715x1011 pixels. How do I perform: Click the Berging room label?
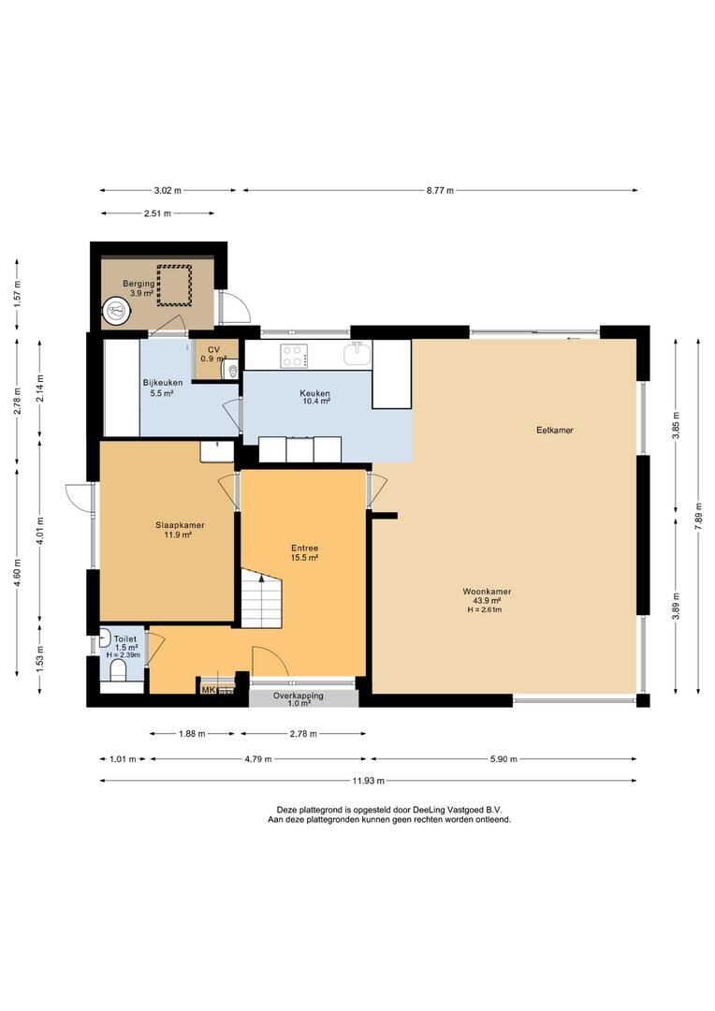pos(139,284)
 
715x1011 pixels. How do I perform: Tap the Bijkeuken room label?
pos(163,383)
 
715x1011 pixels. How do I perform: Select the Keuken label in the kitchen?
pos(314,393)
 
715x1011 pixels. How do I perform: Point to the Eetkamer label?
pos(554,430)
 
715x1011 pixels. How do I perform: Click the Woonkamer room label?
pos(487,592)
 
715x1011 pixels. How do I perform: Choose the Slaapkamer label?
pos(180,525)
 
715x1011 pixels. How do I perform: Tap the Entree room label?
pos(304,549)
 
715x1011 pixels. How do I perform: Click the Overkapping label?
pos(298,696)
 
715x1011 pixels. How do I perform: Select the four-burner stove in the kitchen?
pos(293,355)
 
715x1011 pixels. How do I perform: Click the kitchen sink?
pos(357,353)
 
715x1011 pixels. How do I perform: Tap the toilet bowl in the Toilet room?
pos(119,672)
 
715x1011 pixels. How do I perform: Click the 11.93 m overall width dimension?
pos(368,781)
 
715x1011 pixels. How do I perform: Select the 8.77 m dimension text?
pos(440,190)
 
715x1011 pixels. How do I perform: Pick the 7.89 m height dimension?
pos(698,517)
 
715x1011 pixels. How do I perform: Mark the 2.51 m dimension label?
pos(157,213)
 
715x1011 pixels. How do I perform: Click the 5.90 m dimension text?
pos(503,759)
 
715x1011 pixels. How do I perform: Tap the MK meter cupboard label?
pos(209,690)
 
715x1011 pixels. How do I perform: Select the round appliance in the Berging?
pos(117,310)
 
